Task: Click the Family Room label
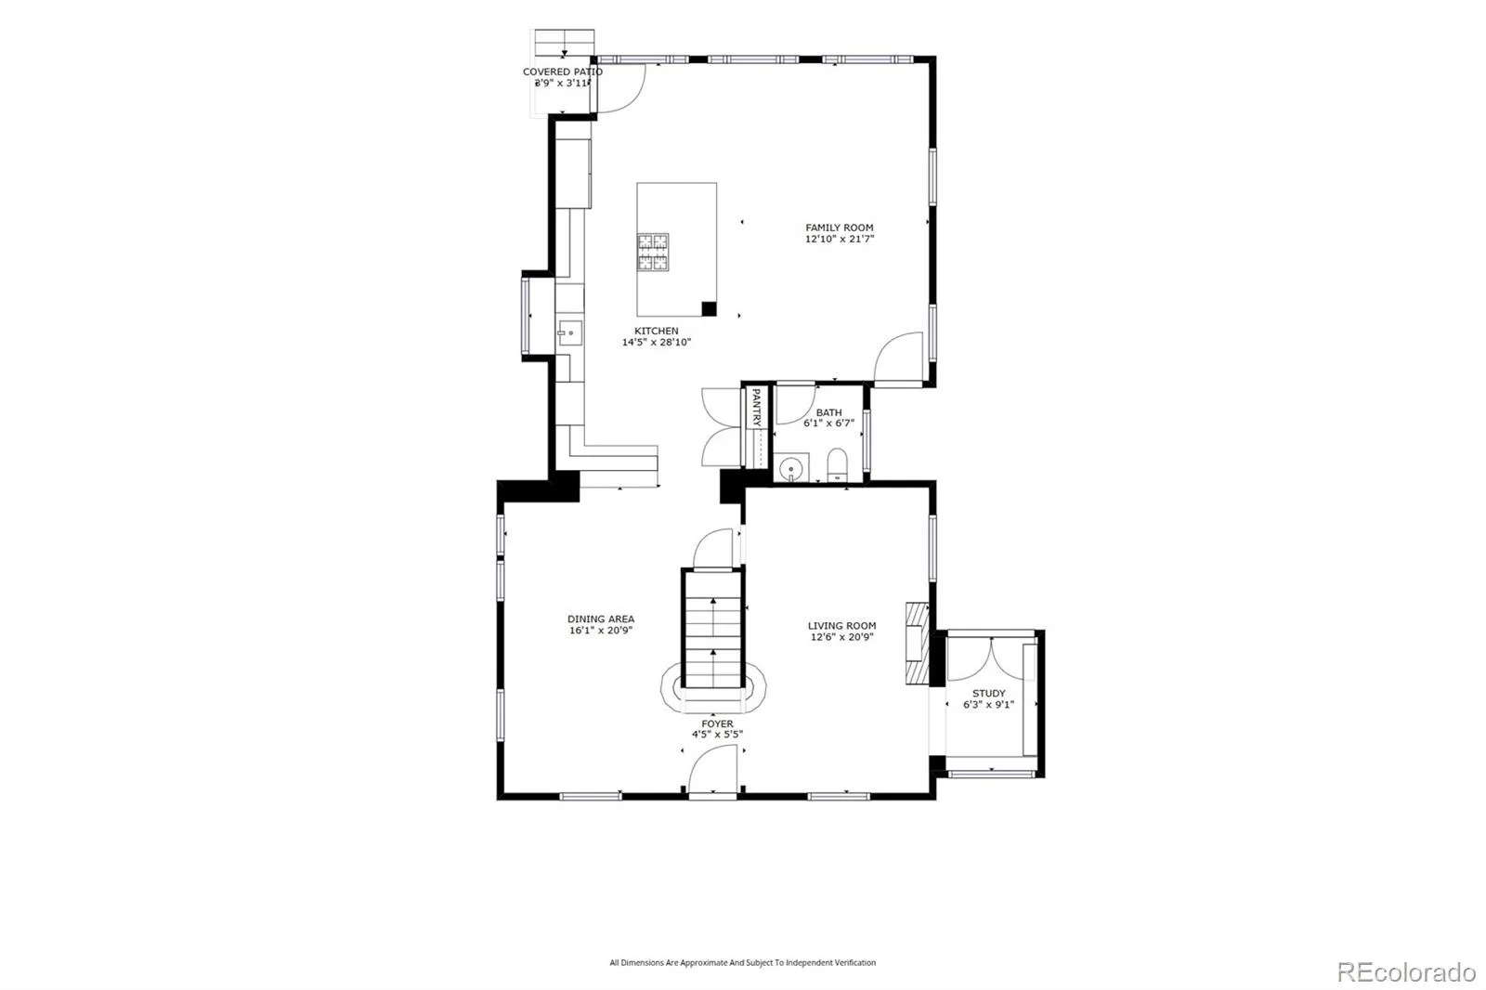(840, 228)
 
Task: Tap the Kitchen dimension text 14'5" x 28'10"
(656, 343)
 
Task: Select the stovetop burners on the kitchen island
(653, 253)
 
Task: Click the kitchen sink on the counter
(570, 333)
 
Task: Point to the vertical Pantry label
(756, 407)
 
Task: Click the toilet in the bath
(837, 464)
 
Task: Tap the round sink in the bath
(790, 468)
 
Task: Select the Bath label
(828, 412)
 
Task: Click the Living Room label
(841, 626)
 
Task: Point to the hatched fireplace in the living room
(918, 643)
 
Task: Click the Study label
(988, 694)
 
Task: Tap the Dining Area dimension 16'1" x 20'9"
(600, 631)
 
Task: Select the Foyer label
(717, 723)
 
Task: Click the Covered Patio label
(563, 72)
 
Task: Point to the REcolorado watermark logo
(1406, 972)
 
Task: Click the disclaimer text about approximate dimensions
(742, 962)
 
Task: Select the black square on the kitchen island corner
(710, 308)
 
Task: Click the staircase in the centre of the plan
(713, 629)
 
